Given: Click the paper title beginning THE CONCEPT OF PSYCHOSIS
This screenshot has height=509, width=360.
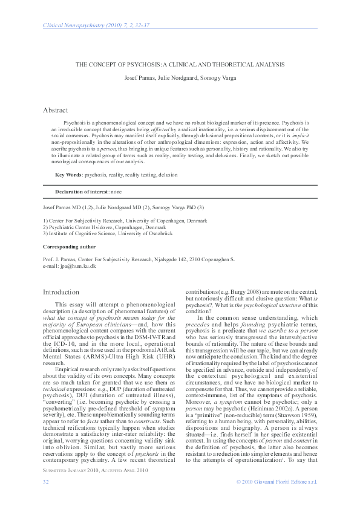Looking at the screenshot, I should coord(180,64).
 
